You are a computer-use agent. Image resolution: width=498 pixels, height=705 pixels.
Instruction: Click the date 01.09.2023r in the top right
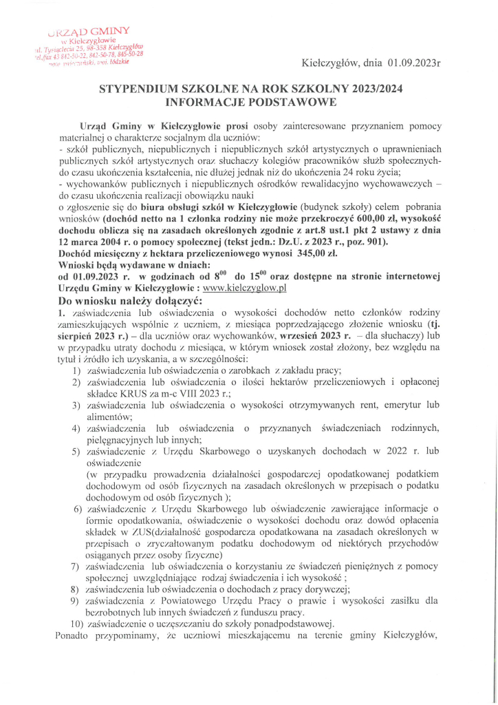click(413, 64)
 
